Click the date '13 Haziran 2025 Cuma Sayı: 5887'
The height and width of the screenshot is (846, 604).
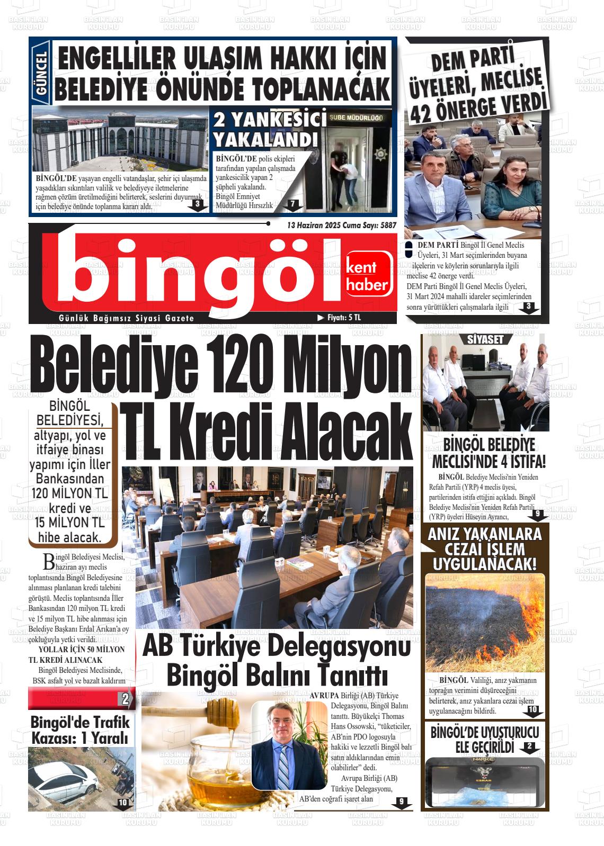(x=341, y=225)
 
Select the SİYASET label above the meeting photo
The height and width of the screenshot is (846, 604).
(x=485, y=340)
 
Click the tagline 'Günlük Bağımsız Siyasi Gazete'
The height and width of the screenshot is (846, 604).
(x=127, y=318)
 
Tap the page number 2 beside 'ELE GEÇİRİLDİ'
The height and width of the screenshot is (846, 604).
(x=529, y=747)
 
